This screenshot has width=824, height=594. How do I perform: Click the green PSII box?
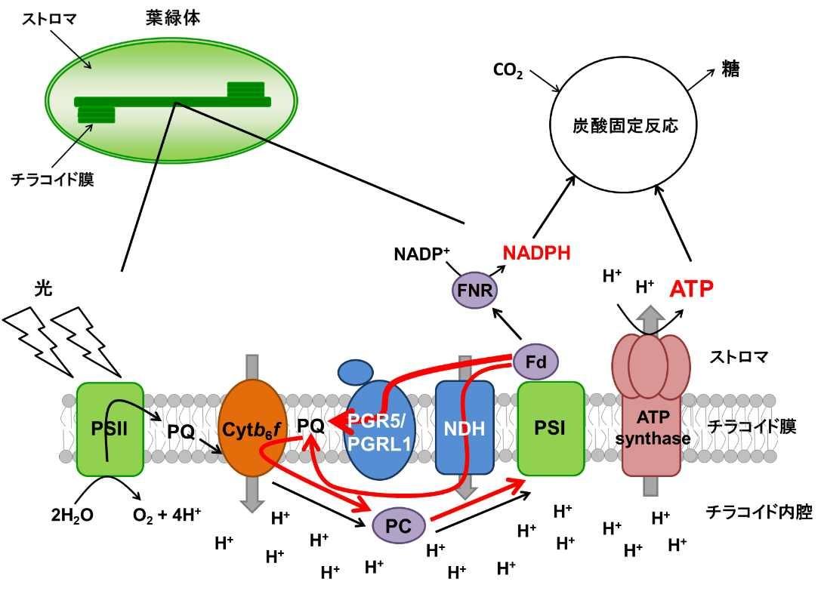click(109, 429)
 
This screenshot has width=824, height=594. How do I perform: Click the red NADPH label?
click(537, 253)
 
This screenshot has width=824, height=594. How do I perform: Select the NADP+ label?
click(421, 254)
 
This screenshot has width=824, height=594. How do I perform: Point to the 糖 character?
click(730, 69)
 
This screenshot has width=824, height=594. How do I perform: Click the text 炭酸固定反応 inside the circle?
click(625, 125)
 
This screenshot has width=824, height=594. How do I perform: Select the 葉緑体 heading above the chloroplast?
click(173, 18)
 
